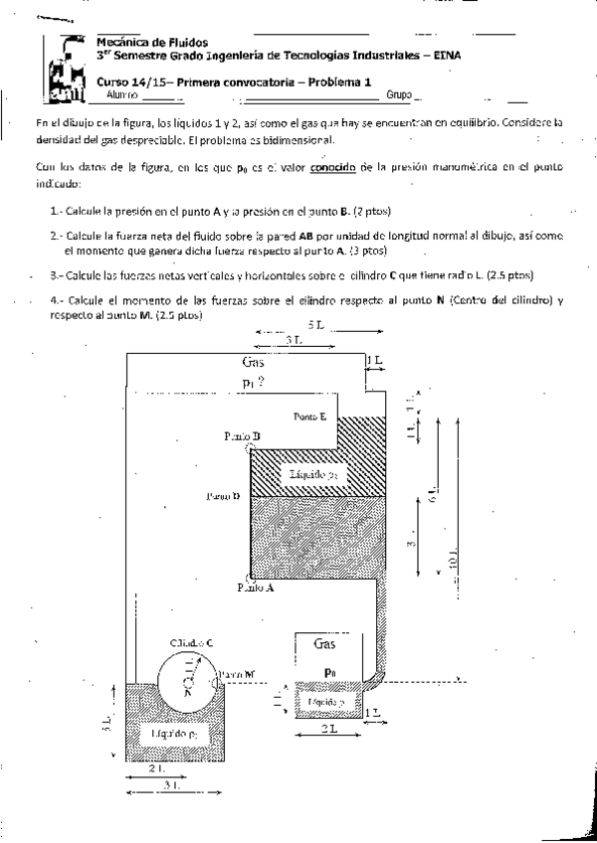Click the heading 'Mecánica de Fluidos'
tap(152, 44)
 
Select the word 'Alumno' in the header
tap(120, 95)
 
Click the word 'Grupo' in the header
tap(399, 95)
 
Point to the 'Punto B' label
tap(243, 435)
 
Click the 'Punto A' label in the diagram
tap(257, 588)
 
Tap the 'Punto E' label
tap(310, 418)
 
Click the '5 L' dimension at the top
tap(314, 325)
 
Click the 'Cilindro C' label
tap(192, 643)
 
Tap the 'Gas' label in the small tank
tap(324, 644)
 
